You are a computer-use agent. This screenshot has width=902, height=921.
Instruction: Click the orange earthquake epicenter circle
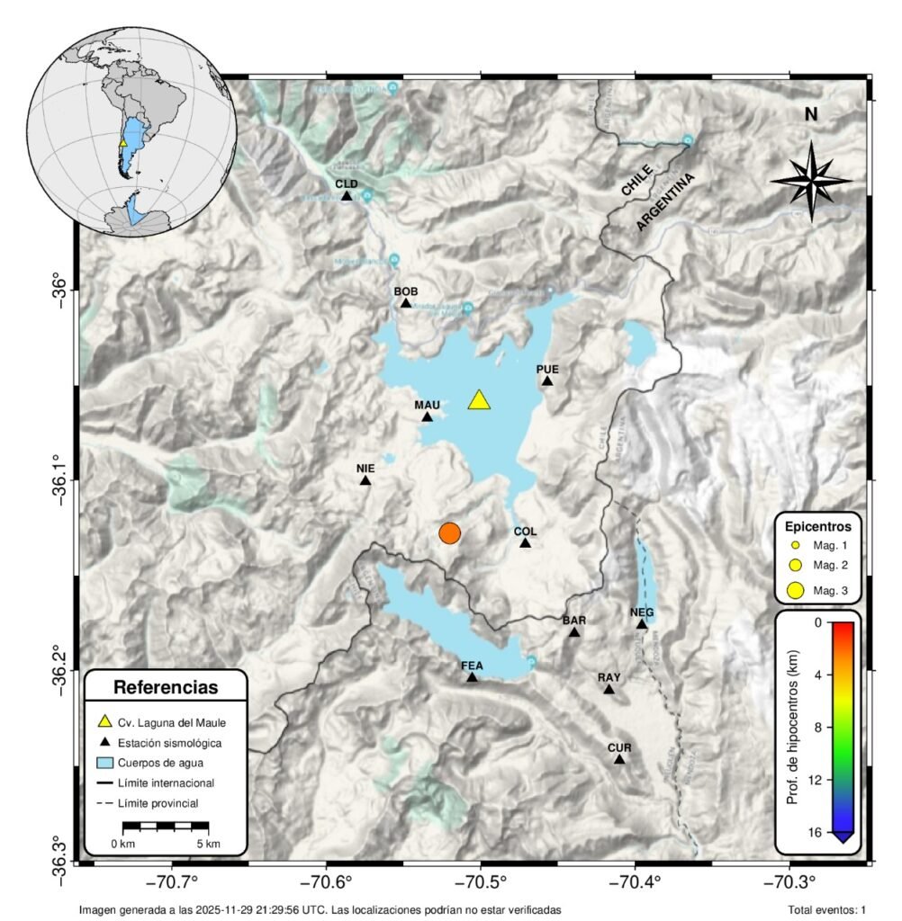[450, 532]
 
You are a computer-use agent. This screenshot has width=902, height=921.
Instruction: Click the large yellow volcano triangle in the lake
[480, 400]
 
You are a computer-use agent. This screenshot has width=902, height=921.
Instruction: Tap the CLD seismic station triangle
[347, 196]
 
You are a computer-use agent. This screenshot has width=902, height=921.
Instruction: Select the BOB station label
[406, 291]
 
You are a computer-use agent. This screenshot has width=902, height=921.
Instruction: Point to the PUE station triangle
[547, 381]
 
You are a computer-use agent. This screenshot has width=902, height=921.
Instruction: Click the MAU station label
[427, 405]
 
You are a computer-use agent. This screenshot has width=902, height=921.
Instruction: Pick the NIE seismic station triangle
[365, 480]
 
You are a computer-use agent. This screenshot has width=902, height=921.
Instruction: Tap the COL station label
[525, 532]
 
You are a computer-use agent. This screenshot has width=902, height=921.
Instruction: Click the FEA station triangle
[472, 677]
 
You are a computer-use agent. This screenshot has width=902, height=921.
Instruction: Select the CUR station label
[619, 747]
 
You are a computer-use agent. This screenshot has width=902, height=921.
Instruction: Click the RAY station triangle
[609, 690]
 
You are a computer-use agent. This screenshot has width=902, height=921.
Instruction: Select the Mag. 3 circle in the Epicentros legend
[795, 591]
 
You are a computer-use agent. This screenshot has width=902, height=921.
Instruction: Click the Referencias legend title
[166, 688]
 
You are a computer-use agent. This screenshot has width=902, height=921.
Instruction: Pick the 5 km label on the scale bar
[208, 844]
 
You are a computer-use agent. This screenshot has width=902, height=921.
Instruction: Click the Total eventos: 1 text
[826, 910]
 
